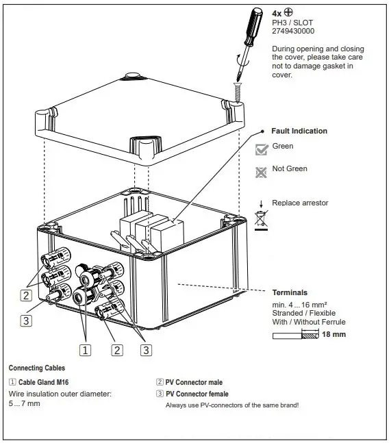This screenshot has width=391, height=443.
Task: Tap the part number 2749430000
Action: coord(293,31)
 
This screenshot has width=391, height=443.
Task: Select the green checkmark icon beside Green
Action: coord(260,149)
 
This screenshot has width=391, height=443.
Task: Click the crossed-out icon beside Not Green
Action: coord(260,172)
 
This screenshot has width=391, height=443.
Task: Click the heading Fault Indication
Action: coord(299,131)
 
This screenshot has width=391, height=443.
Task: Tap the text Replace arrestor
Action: coord(300,203)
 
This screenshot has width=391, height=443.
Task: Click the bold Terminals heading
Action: coord(290,292)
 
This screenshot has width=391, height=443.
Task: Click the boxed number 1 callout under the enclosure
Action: coord(86,350)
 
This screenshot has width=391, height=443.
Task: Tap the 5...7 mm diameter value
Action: coord(25,405)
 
